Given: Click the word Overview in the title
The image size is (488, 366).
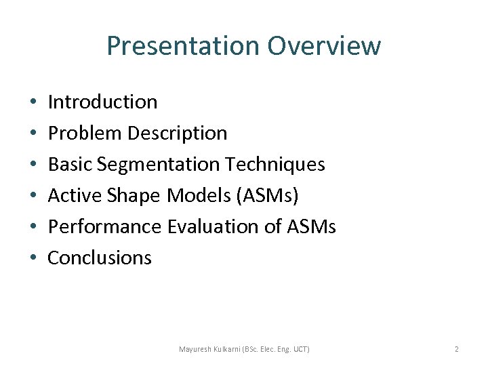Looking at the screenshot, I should [324, 46].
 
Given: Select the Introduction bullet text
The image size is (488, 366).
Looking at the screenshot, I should [103, 102].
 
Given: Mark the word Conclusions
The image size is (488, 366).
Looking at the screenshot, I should [100, 258].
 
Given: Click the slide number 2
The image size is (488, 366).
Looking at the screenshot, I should [456, 349].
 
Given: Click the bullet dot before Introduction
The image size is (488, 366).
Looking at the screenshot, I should [33, 102].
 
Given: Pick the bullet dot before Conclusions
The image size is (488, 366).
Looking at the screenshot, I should [33, 258].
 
